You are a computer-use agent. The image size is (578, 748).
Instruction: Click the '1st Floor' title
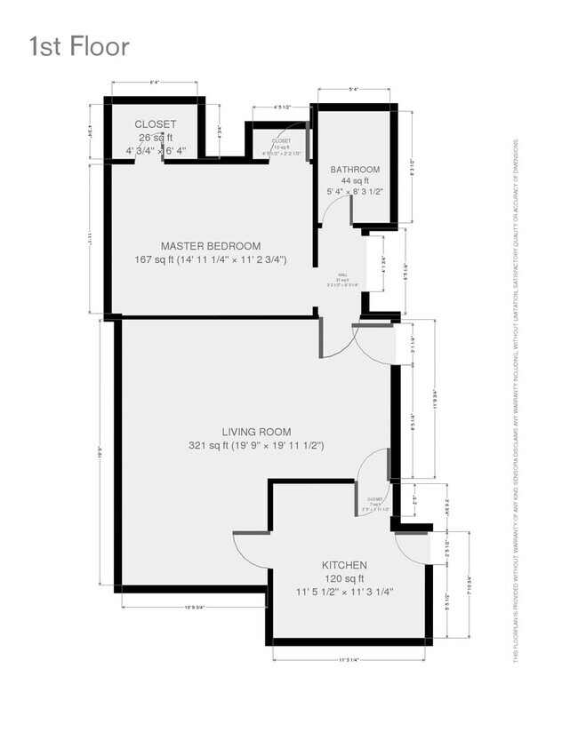[x=79, y=45]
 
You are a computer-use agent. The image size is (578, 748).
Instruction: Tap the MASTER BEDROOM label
[x=210, y=246]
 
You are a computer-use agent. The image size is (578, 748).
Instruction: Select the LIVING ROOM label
[x=255, y=432]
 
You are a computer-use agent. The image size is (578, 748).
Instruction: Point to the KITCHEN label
[x=344, y=565]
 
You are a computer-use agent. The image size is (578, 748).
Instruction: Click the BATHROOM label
[x=355, y=170]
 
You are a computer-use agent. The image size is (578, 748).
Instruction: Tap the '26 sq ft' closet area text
[x=155, y=138]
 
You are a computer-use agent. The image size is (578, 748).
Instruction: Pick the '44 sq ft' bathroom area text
[x=355, y=180]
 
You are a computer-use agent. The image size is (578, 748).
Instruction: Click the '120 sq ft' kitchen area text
[x=344, y=578]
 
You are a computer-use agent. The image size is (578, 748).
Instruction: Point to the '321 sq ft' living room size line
[x=255, y=445]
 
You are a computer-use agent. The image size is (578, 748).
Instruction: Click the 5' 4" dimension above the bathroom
[x=354, y=89]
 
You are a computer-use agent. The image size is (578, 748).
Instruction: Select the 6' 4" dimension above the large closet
[x=154, y=83]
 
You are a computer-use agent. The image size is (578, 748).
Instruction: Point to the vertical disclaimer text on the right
[x=515, y=400]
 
